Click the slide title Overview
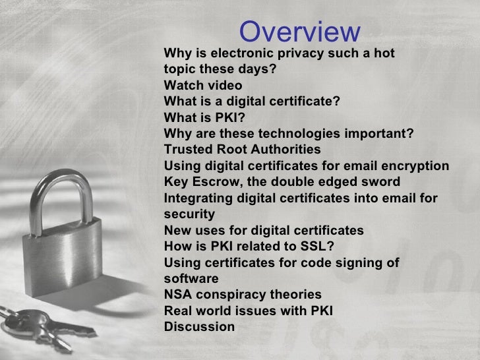pyautogui.click(x=299, y=32)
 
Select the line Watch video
pyautogui.click(x=203, y=86)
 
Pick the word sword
pyautogui.click(x=382, y=182)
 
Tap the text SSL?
pyautogui.click(x=318, y=247)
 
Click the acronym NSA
pyautogui.click(x=177, y=294)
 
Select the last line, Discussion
pyautogui.click(x=199, y=326)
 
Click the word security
pyautogui.click(x=189, y=214)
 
